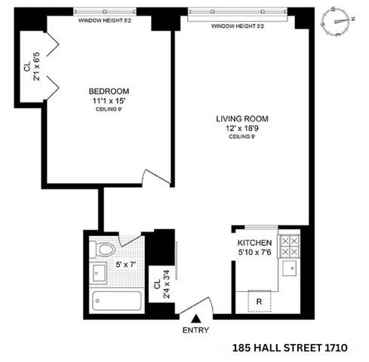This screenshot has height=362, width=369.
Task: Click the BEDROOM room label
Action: (108, 94)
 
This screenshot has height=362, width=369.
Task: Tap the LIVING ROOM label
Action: (242, 118)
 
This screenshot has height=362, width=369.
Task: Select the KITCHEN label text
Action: (254, 232)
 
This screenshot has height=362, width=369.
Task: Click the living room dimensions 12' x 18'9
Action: (242, 128)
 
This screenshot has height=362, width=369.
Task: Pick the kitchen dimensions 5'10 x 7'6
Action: (254, 241)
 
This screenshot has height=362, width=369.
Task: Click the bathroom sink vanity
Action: (99, 271)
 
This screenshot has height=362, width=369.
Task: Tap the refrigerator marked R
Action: (259, 301)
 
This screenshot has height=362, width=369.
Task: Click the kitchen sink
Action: (290, 268)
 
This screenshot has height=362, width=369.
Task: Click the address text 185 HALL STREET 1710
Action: (291, 348)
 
